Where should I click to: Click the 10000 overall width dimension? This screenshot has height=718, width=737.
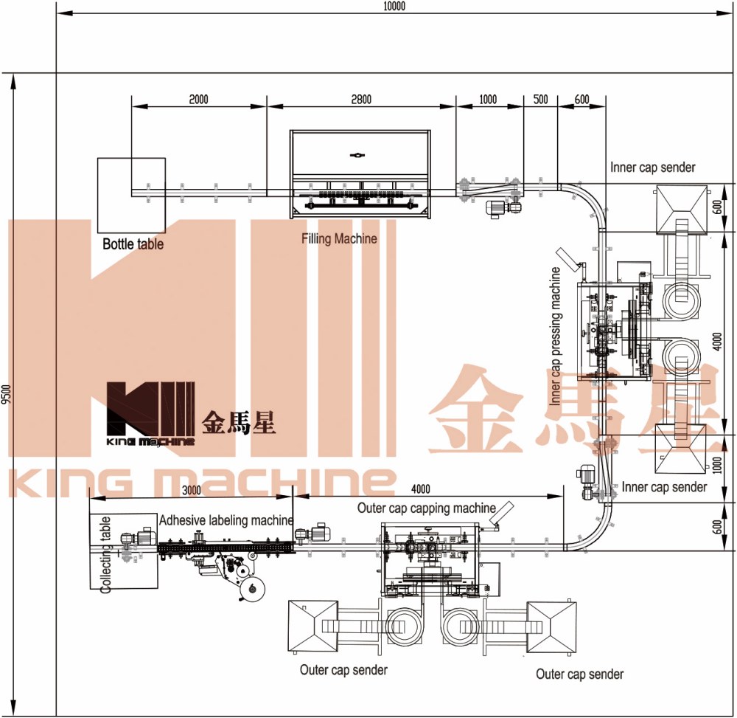pos(394,6)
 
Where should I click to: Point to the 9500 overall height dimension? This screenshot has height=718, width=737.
pos(6,394)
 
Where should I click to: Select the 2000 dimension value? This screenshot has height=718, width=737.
pos(198,100)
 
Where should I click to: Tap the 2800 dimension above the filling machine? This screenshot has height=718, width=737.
pos(361,100)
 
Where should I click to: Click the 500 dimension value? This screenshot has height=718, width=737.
pos(540,100)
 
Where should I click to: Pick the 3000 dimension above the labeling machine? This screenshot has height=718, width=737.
pos(192,490)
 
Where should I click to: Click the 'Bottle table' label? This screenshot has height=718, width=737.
pos(133,244)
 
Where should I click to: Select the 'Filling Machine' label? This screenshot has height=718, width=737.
pos(339,238)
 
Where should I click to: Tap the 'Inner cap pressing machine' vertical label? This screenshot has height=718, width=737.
pos(555,336)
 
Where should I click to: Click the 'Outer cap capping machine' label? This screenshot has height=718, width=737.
pos(426,508)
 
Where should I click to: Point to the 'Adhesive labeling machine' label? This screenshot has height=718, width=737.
pos(226,520)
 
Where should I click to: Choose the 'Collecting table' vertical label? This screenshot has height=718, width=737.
pos(105,554)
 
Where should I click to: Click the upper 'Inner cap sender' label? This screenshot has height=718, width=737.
pos(652,167)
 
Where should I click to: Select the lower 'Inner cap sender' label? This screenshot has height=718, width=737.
pos(664,487)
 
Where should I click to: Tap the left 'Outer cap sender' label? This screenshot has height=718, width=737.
pos(343,669)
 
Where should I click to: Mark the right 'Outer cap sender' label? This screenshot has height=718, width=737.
pos(579,674)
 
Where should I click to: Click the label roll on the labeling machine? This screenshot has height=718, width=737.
pos(251,588)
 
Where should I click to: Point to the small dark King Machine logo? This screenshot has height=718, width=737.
pos(150,414)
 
